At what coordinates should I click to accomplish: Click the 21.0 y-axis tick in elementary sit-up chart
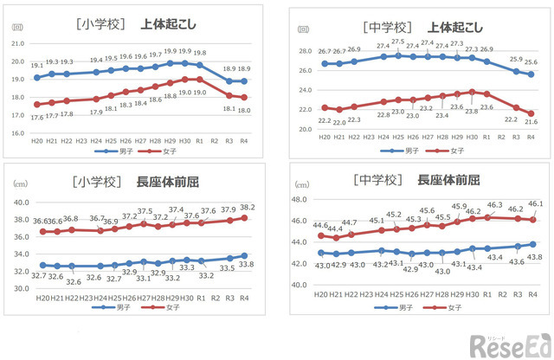[17, 43]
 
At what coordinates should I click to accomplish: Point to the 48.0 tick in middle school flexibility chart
[301, 198]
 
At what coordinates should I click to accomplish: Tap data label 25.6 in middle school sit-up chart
[531, 62]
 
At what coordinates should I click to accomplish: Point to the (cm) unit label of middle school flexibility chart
[302, 185]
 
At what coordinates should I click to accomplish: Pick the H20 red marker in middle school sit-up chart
[324, 108]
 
